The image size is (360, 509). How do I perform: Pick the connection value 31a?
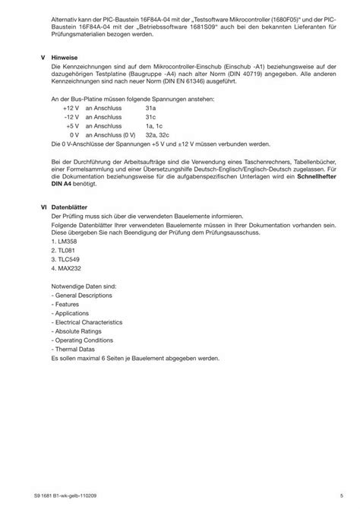coord(150,109)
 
